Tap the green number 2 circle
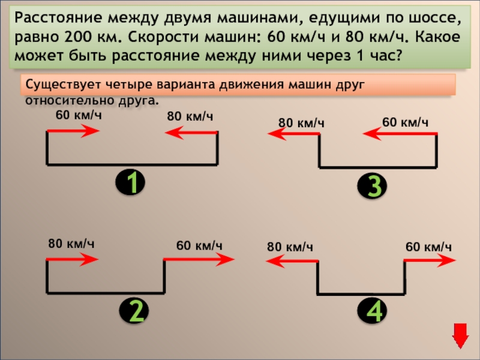tap(136, 311)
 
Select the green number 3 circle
tap(374, 186)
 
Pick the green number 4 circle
tap(374, 311)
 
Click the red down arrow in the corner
tap(460, 335)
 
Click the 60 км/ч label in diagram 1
tap(78, 115)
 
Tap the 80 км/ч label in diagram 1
tap(190, 116)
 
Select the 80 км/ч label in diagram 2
tap(71, 244)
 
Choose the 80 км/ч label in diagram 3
tap(301, 123)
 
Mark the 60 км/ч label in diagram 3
tap(405, 122)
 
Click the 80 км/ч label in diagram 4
tap(290, 247)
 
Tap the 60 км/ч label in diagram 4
tap(428, 247)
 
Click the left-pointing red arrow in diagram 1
tap(191, 133)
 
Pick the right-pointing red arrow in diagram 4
tap(430, 260)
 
